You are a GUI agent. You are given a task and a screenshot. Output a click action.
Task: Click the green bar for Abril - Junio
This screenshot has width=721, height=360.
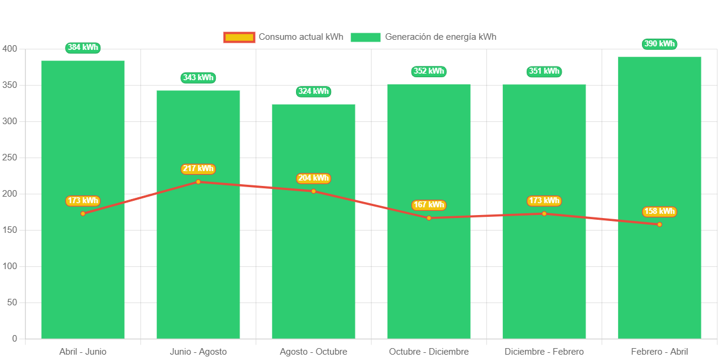click(x=83, y=267)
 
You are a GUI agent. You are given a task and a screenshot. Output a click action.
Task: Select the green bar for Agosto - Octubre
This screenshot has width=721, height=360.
click(x=313, y=267)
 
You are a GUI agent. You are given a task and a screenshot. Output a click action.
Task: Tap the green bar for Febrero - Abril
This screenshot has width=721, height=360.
click(x=659, y=267)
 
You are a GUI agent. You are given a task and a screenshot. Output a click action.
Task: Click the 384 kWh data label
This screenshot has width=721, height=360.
click(x=83, y=48)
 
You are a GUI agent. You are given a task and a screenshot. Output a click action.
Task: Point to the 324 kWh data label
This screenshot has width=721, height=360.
click(x=313, y=91)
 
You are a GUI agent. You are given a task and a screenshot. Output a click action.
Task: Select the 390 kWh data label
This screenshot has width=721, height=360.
click(x=659, y=44)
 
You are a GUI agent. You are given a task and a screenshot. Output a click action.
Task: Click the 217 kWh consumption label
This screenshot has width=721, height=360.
click(x=198, y=169)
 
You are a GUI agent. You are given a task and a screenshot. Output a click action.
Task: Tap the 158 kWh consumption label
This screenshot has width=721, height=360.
click(x=659, y=211)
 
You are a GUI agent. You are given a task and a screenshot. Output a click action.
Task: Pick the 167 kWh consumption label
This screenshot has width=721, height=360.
click(x=429, y=205)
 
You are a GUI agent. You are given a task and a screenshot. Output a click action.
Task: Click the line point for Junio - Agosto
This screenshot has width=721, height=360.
click(x=198, y=182)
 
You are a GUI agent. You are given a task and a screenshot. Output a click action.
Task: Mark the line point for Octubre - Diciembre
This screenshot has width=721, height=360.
click(x=429, y=218)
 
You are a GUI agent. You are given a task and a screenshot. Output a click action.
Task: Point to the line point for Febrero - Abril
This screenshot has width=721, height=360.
click(x=659, y=225)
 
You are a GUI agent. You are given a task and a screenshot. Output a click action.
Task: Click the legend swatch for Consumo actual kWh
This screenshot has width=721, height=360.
click(x=239, y=37)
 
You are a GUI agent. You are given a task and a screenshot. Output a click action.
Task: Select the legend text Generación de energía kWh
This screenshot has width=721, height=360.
click(x=440, y=37)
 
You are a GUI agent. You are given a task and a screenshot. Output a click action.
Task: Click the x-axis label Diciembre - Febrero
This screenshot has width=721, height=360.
click(x=544, y=352)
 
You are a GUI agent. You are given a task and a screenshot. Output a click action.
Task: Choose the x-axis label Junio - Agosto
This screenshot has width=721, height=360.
click(x=198, y=352)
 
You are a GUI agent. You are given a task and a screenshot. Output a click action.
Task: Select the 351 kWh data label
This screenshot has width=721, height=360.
click(x=544, y=71)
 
